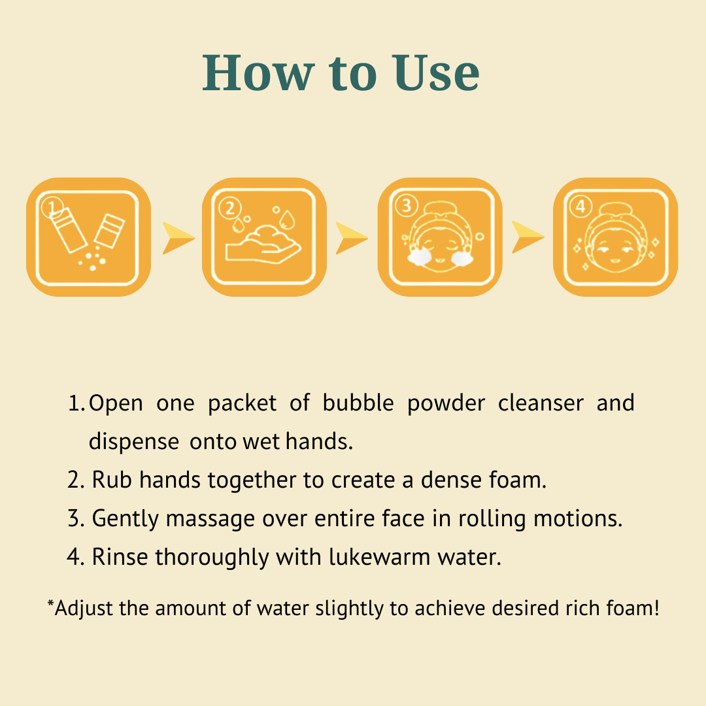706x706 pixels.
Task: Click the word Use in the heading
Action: tap(436, 73)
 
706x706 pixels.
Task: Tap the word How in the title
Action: tap(258, 73)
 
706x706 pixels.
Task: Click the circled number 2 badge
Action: tap(230, 208)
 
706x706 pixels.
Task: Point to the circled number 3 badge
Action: tap(407, 205)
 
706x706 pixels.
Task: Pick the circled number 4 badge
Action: tap(581, 207)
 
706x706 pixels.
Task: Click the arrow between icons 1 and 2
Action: tap(177, 238)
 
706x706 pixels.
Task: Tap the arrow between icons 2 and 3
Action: tap(351, 238)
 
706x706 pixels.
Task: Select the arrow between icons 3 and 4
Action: tap(527, 237)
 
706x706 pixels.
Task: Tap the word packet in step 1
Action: tap(243, 403)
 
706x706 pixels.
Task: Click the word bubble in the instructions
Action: tap(358, 403)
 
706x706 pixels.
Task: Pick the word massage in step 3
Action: tap(210, 519)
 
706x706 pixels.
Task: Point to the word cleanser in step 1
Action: tap(541, 403)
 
